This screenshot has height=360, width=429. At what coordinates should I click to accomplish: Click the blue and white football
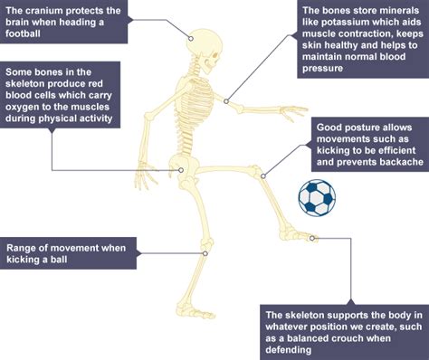point(316,197)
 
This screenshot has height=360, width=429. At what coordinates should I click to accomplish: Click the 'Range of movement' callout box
point(67,252)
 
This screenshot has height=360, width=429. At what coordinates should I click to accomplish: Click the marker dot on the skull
point(191,38)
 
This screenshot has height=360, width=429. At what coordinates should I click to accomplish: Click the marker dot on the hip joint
point(182,168)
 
